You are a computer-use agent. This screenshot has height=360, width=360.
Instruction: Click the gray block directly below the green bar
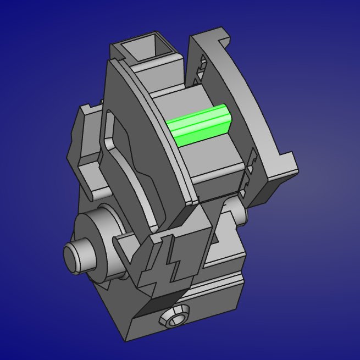pos(214,159)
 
